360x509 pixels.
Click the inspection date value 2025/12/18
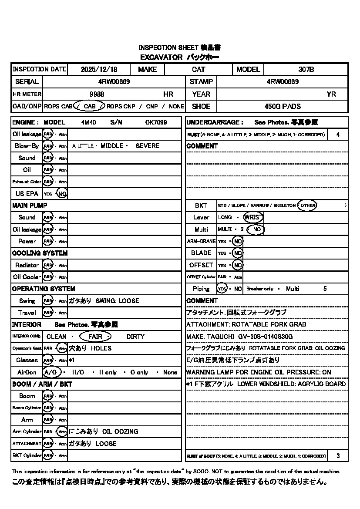pyautogui.click(x=99, y=69)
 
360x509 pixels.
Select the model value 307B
pyautogui.click(x=306, y=69)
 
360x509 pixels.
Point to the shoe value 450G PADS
pyautogui.click(x=283, y=106)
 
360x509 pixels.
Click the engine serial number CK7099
pyautogui.click(x=156, y=122)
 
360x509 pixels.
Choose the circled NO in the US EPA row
pyautogui.click(x=62, y=194)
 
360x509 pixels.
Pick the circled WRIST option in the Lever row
pyautogui.click(x=253, y=217)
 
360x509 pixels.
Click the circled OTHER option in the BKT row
pyautogui.click(x=307, y=205)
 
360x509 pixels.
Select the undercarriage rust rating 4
pyautogui.click(x=338, y=135)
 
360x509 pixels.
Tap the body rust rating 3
pyautogui.click(x=338, y=456)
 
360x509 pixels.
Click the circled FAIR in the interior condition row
pyautogui.click(x=95, y=337)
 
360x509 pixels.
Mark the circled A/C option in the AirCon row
pyautogui.click(x=51, y=372)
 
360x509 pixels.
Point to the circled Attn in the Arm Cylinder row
pyautogui.click(x=62, y=431)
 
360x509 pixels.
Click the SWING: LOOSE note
pyautogui.click(x=118, y=301)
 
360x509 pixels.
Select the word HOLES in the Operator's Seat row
pyautogui.click(x=101, y=348)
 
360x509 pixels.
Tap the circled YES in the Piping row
pyautogui.click(x=222, y=289)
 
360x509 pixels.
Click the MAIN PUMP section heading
pyautogui.click(x=30, y=205)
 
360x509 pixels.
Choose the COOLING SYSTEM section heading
pyautogui.click(x=40, y=253)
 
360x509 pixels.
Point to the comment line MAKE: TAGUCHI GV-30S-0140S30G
pyautogui.click(x=239, y=337)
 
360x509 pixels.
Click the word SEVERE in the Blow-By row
pyautogui.click(x=148, y=146)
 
